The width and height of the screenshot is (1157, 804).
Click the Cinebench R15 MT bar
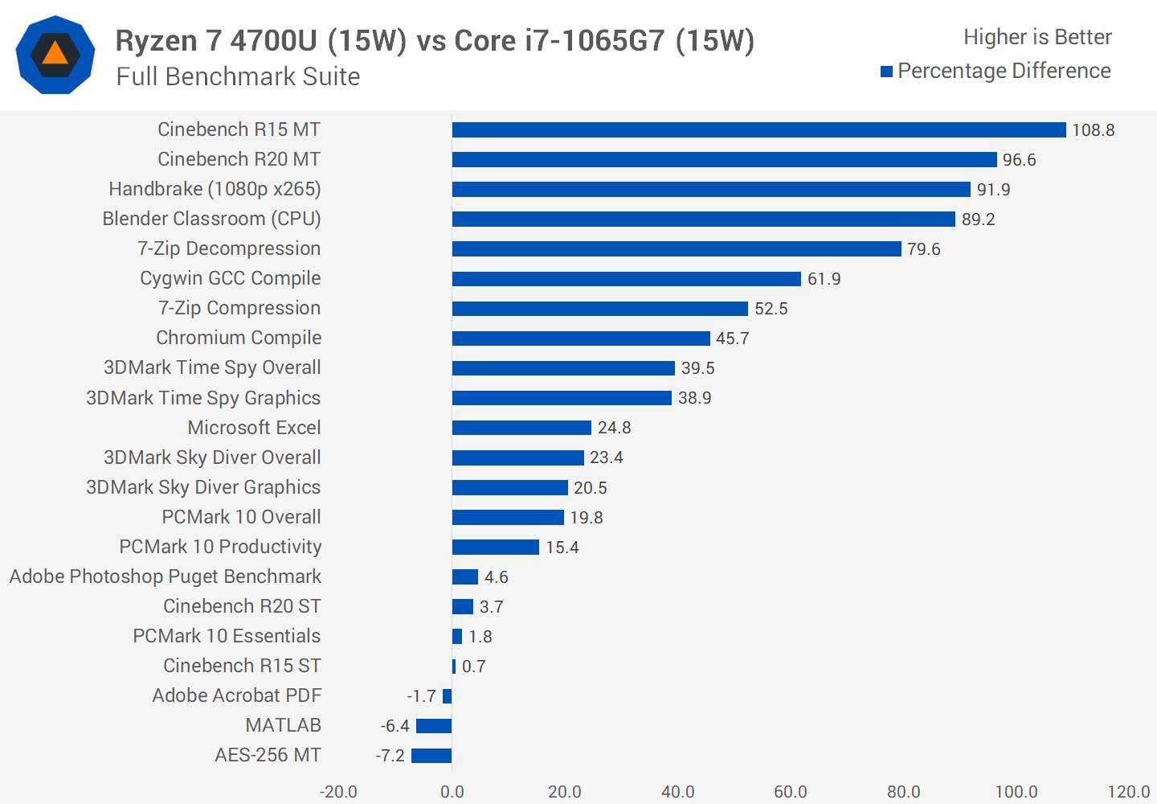(758, 129)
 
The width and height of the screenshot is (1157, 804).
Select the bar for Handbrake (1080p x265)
(711, 189)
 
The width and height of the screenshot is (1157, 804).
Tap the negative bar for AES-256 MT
(431, 756)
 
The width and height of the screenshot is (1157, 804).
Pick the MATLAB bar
(434, 726)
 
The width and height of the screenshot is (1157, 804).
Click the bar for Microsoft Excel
(521, 428)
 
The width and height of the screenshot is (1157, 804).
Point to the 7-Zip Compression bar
(599, 309)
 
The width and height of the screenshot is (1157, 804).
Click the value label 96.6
(1019, 160)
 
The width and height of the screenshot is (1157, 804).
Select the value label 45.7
(732, 338)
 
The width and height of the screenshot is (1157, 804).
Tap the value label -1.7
(421, 696)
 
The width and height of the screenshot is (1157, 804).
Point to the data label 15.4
(562, 548)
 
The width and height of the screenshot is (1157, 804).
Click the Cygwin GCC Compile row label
(230, 278)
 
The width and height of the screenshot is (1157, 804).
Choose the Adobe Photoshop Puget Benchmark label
(165, 576)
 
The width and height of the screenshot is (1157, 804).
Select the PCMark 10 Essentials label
(226, 636)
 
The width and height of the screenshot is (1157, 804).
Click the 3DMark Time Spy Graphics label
(202, 398)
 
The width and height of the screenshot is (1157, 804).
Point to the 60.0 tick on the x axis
(790, 792)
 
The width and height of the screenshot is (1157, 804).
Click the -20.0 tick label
(338, 792)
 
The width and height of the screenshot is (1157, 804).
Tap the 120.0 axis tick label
(1128, 792)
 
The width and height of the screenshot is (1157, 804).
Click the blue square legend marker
(887, 72)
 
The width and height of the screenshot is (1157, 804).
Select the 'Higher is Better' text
(1037, 37)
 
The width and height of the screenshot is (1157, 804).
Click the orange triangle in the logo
(55, 54)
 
